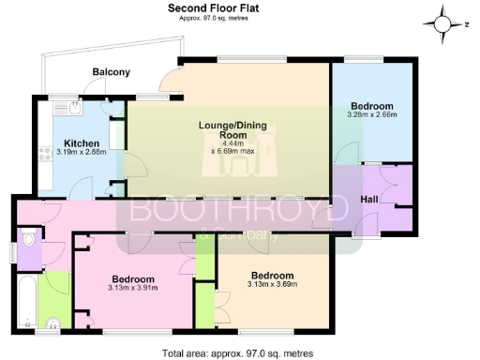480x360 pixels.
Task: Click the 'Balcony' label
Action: pos(111,72)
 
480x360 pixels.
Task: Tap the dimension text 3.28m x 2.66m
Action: pos(372,114)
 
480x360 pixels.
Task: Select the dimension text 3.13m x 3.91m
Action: pos(134,289)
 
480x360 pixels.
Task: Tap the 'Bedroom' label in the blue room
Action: pos(372,105)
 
